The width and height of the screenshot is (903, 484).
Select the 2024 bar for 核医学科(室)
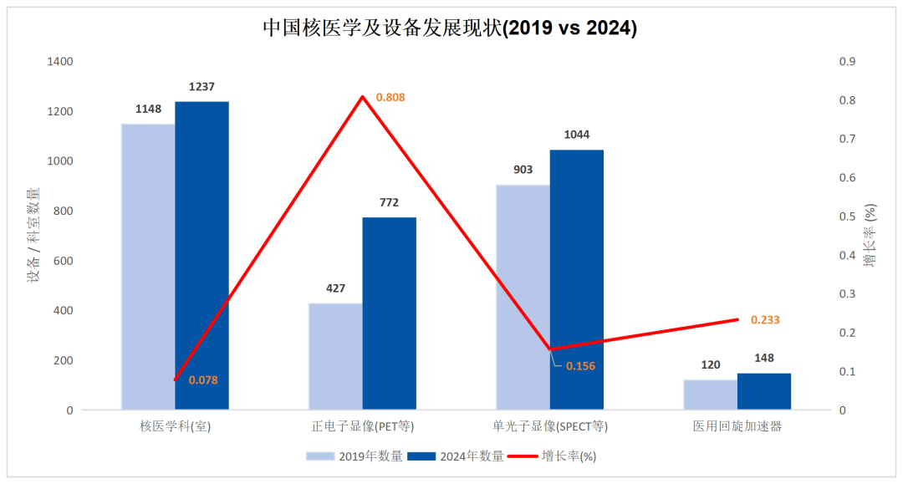click(202, 255)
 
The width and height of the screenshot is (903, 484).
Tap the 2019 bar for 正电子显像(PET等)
click(335, 356)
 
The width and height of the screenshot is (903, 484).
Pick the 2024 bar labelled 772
click(389, 313)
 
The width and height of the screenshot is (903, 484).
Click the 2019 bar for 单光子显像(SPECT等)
click(523, 297)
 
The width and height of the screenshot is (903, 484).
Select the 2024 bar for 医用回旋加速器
click(763, 391)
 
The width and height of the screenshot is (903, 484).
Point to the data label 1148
click(148, 109)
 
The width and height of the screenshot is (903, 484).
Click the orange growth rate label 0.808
click(390, 98)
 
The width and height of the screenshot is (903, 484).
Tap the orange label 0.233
click(765, 320)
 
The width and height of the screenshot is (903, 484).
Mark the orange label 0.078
click(203, 380)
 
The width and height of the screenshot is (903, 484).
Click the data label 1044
click(577, 135)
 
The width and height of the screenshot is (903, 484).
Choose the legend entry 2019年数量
click(355, 456)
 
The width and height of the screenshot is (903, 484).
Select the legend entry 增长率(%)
click(555, 456)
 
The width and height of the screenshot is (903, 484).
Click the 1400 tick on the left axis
click(60, 62)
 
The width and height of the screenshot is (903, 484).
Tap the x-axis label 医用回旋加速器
click(737, 426)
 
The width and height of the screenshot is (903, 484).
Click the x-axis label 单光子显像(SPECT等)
click(550, 426)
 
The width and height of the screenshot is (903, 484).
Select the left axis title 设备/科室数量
click(34, 235)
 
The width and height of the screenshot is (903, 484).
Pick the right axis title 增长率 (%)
click(870, 235)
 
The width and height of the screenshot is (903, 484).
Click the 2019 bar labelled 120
click(710, 395)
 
